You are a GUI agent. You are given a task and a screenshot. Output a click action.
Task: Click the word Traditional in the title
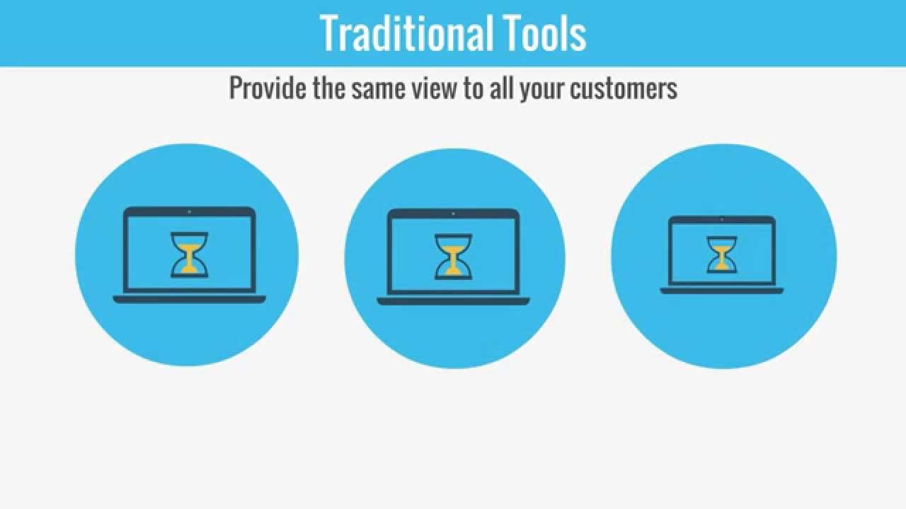click(396, 33)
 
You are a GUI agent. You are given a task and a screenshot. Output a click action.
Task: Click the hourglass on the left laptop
click(189, 255)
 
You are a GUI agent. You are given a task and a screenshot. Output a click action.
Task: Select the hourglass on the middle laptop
click(453, 256)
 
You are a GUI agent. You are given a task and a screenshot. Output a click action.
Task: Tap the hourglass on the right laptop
click(721, 255)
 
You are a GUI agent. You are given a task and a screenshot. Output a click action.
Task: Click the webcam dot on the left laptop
click(189, 211)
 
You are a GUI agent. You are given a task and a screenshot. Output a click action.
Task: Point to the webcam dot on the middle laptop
click(453, 213)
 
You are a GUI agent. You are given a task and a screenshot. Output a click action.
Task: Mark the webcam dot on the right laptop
click(722, 220)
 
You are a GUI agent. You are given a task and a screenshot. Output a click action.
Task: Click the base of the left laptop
click(189, 300)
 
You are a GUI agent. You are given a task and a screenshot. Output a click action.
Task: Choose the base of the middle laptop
click(453, 301)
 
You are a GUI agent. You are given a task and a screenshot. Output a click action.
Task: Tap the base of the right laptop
click(721, 291)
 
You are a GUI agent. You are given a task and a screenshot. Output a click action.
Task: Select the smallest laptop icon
click(721, 255)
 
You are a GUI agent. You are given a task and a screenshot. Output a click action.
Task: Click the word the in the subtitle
click(331, 88)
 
